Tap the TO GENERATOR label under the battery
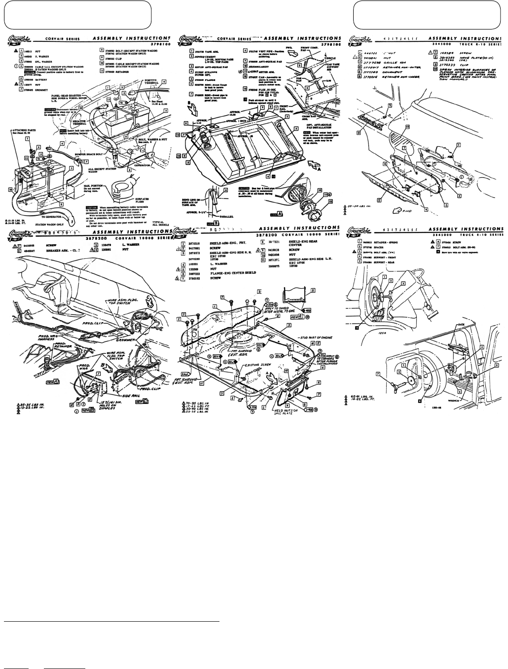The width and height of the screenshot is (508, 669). tap(54, 216)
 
